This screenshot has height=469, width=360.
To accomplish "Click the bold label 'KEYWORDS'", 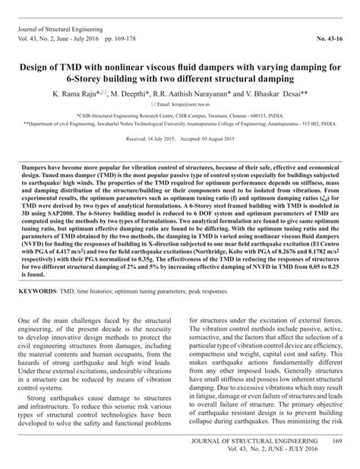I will pos(39,290).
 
